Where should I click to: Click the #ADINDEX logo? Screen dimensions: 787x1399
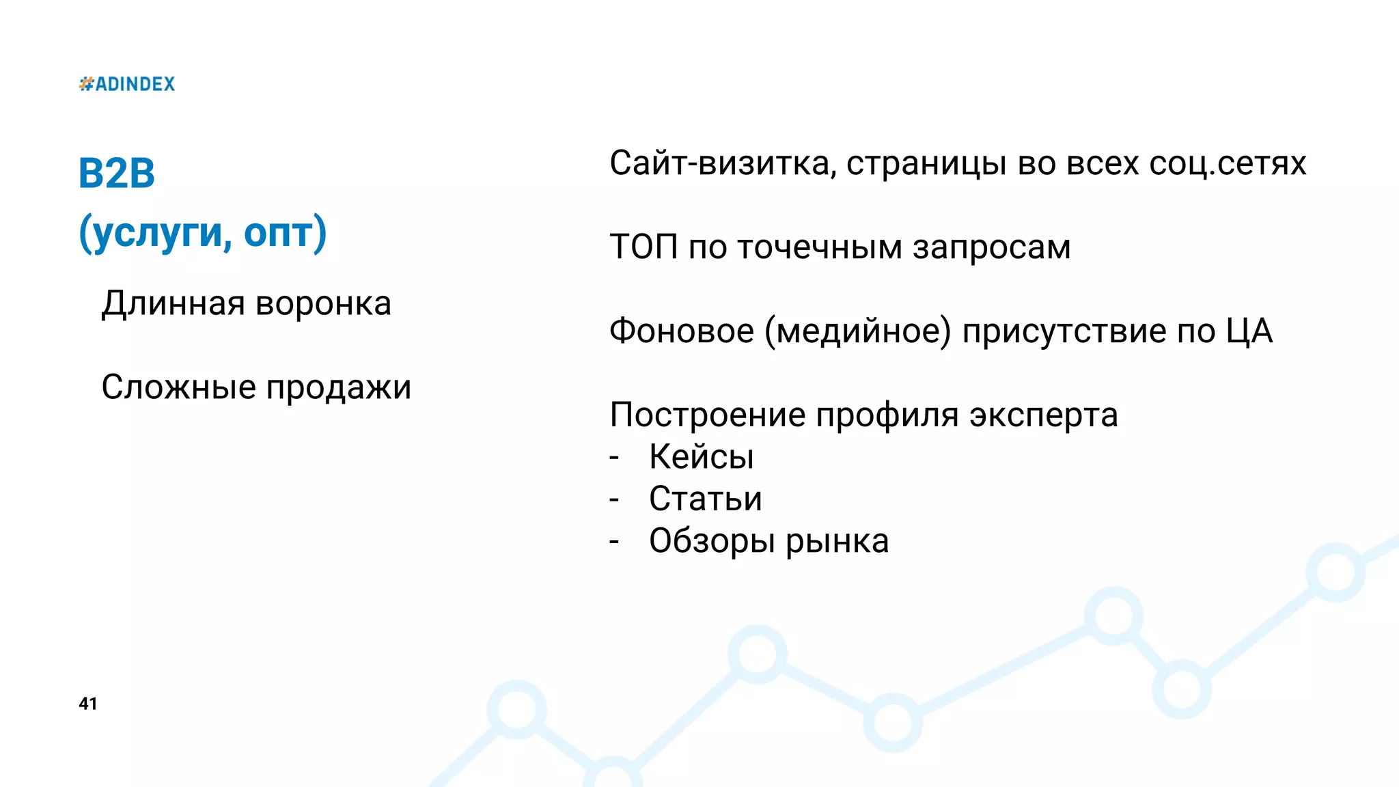(127, 84)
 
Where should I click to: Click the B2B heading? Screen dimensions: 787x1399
(117, 173)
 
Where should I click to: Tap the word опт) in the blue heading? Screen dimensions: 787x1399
(285, 233)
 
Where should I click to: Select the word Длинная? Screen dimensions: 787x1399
(173, 303)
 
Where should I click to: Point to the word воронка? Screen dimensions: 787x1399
(323, 304)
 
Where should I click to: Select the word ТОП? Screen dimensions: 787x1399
(643, 247)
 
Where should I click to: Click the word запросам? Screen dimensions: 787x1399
(991, 248)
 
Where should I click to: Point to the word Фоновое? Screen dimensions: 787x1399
(682, 331)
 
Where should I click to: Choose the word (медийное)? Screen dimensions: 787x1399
(857, 332)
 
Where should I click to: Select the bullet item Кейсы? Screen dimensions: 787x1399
(701, 457)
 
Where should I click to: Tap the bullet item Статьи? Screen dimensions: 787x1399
(705, 499)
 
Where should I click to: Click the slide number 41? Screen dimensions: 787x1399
(88, 704)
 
